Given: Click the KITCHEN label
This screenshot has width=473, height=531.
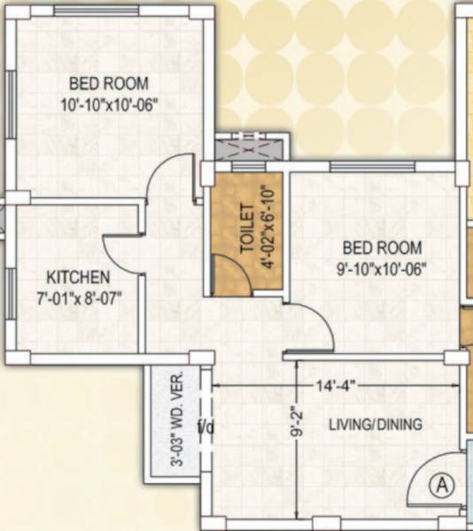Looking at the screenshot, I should tap(79, 277).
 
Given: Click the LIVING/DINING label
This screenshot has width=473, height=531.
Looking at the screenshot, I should tap(375, 425).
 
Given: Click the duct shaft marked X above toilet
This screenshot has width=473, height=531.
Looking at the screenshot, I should tap(249, 150).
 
